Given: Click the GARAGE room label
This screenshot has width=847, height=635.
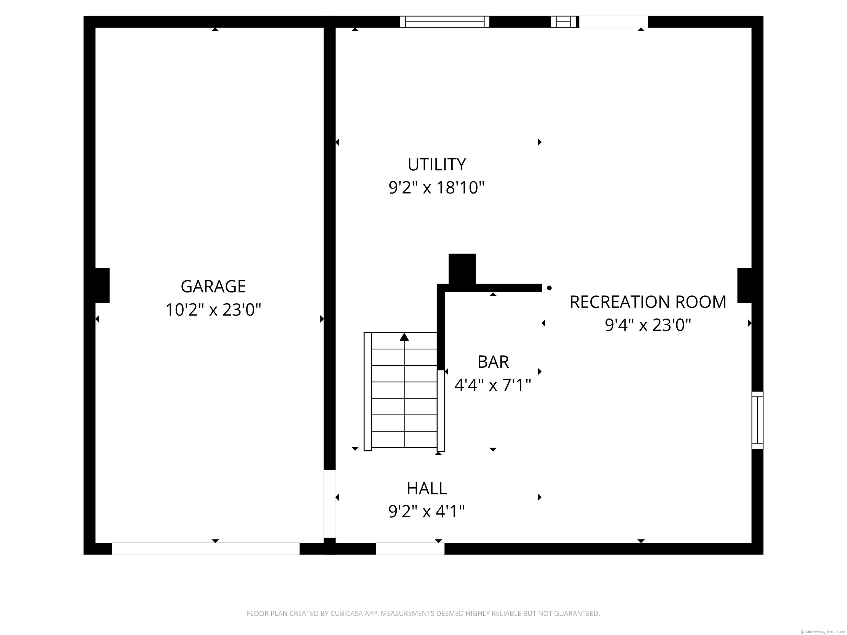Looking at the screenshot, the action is point(213,286).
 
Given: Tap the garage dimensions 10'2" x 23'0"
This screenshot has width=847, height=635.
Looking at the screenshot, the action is point(213,310).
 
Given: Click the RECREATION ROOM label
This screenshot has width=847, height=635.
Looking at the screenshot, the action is point(648,302).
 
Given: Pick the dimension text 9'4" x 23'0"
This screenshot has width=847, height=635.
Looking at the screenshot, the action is point(648,325).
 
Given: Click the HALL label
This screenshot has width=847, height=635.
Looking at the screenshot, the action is point(427,488).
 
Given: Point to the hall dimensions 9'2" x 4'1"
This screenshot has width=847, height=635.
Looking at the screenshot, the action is point(427,512).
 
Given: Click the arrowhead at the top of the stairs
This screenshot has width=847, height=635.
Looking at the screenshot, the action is point(404,337).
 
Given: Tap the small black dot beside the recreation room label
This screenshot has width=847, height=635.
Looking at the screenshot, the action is point(549,288).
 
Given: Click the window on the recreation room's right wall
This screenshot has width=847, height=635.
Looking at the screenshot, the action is point(757,420).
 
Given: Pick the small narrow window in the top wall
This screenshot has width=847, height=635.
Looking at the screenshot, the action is point(563,22).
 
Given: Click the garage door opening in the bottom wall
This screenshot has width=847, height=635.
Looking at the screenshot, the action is point(206,548).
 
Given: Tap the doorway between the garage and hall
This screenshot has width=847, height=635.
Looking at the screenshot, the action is point(330,504).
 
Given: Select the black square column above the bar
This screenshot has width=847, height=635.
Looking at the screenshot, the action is point(462,269).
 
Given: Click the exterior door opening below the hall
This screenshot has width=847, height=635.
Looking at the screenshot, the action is point(410,548).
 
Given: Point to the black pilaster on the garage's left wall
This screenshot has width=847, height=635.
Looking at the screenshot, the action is point(102,286).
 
